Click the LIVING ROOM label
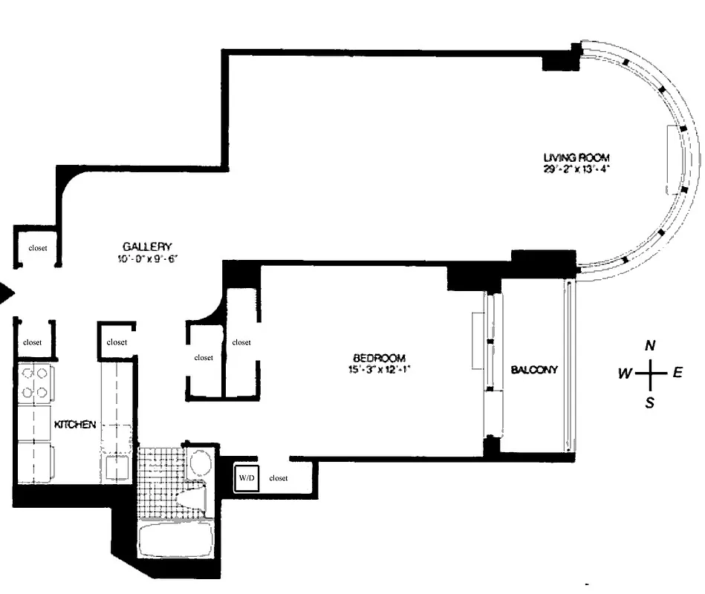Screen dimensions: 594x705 [576, 157]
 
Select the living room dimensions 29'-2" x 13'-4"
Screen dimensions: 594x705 [576, 169]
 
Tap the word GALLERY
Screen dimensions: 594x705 [148, 247]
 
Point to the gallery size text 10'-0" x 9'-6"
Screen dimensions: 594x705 [148, 258]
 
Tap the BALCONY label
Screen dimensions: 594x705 [533, 369]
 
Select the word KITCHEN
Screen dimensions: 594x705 [75, 425]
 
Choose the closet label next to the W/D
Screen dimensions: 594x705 [279, 478]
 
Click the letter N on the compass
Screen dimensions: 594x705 [650, 345]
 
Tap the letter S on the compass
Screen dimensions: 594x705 [650, 403]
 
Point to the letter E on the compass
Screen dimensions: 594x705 [677, 373]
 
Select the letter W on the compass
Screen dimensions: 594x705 [624, 373]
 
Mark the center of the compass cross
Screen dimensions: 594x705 [650, 373]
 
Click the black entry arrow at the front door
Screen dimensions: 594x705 [7, 294]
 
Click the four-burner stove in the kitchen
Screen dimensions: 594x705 [33, 382]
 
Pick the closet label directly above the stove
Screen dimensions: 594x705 [32, 342]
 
